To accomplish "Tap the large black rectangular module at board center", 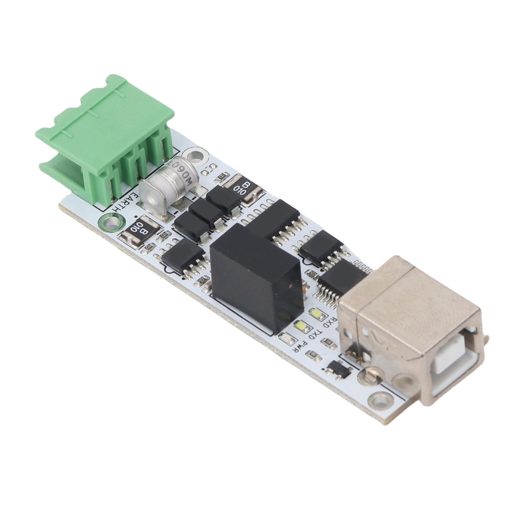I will [x=257, y=276].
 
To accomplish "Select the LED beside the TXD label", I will [x=302, y=327].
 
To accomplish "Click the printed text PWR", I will [x=300, y=348].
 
